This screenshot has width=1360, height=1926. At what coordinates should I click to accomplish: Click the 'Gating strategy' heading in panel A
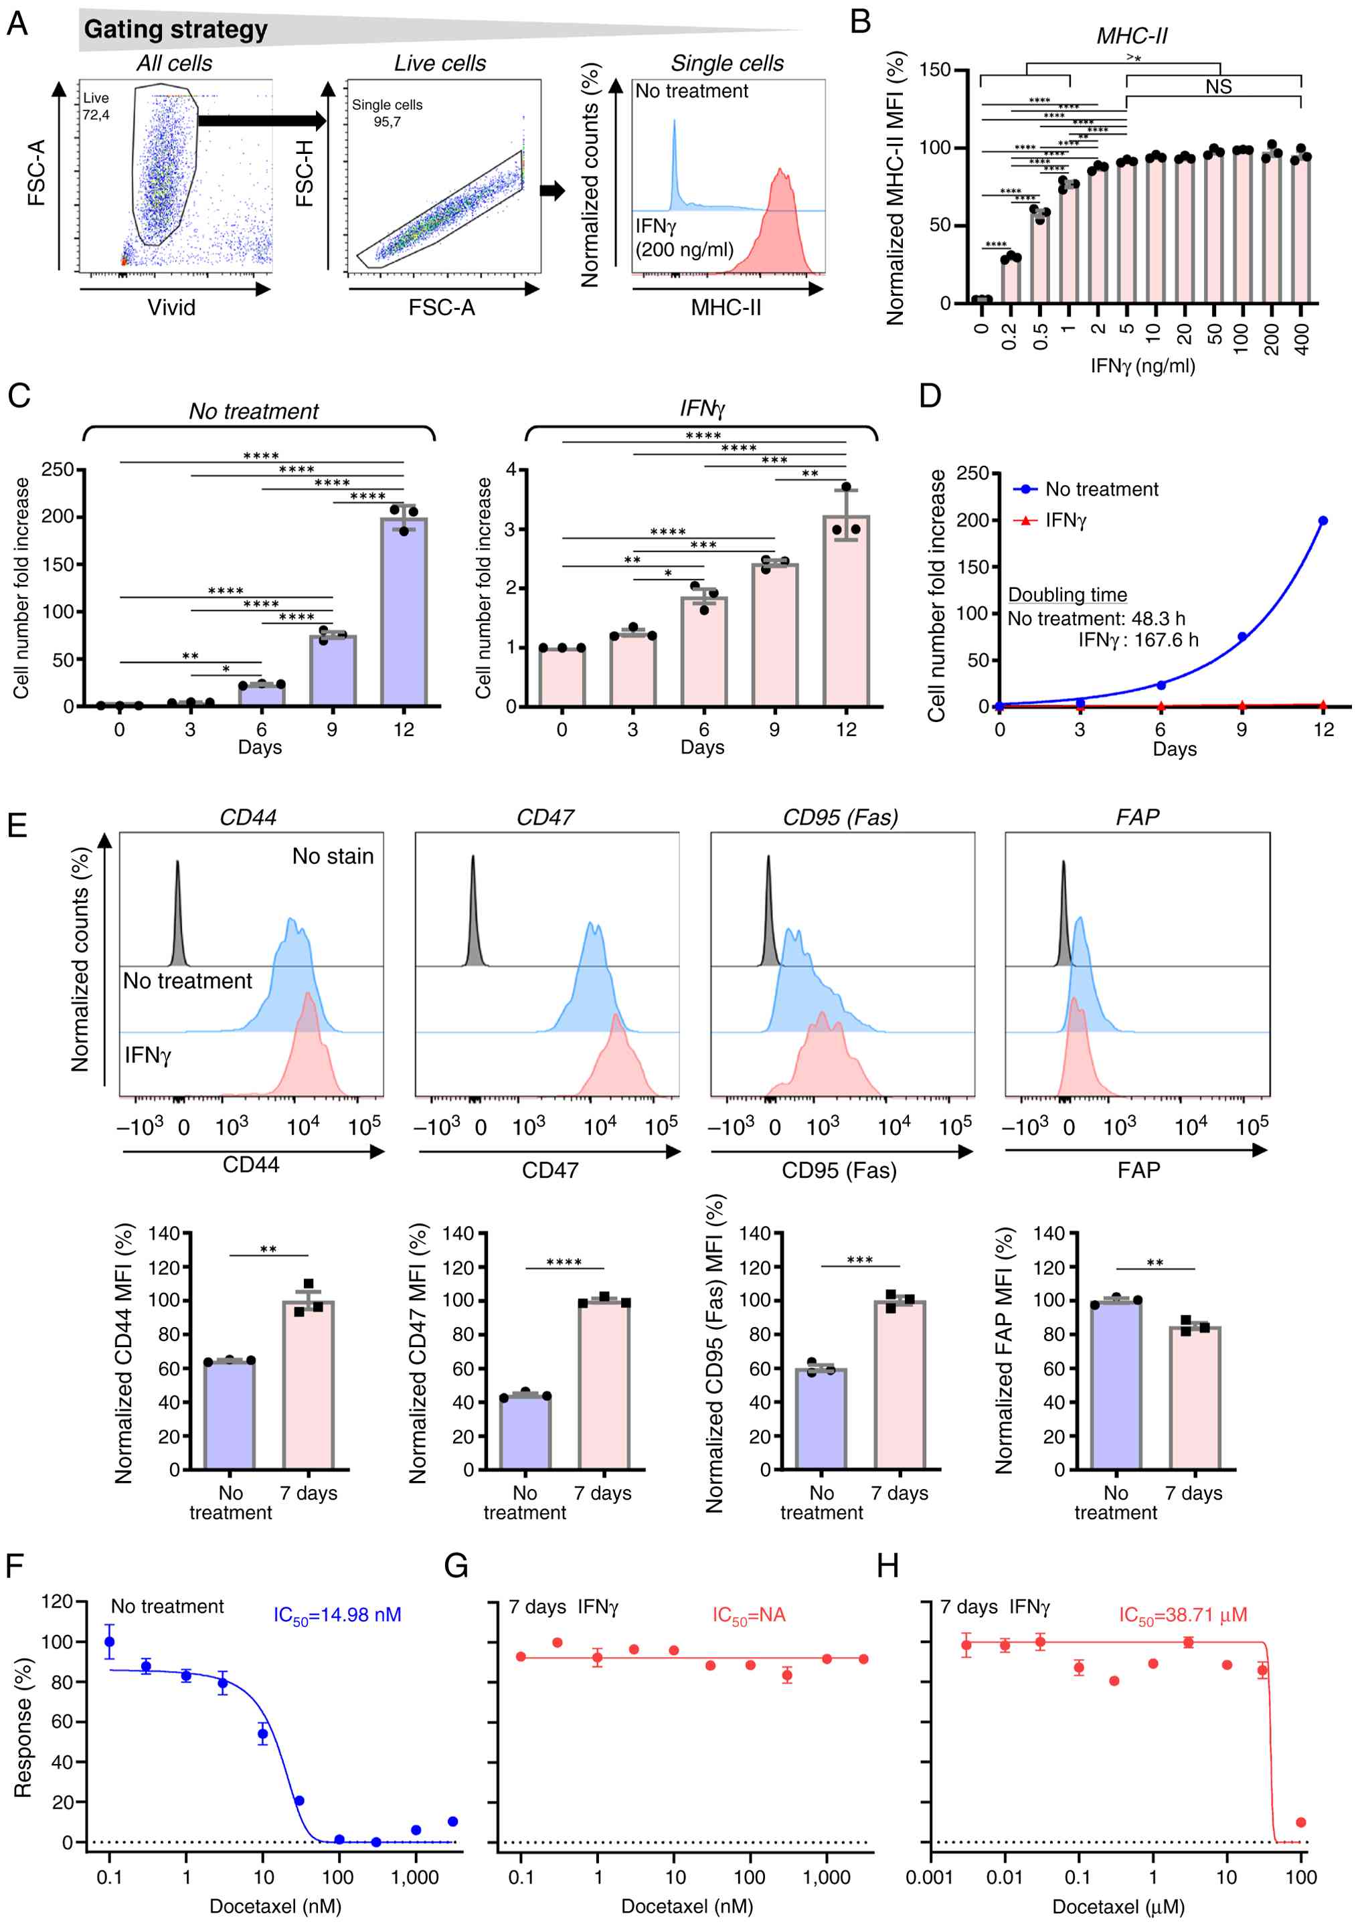point(175,29)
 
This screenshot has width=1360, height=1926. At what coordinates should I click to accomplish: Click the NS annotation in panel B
point(1218,86)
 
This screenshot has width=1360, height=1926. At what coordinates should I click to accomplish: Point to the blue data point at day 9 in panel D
point(1242,636)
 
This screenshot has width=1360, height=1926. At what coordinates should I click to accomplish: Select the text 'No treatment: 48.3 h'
point(1096,619)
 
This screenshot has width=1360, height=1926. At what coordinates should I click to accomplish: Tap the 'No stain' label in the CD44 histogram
point(332,857)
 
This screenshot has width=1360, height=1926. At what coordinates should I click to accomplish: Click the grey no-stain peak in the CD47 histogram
point(473,923)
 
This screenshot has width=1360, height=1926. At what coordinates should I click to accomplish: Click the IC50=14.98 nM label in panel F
point(337,1615)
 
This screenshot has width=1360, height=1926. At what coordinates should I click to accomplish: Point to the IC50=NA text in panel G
point(748,1615)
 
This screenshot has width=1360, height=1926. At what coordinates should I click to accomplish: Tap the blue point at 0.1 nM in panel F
point(109,1642)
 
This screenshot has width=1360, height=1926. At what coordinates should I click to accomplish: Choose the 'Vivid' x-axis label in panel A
point(171,308)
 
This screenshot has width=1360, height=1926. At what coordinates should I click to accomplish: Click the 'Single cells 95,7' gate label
point(387,113)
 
